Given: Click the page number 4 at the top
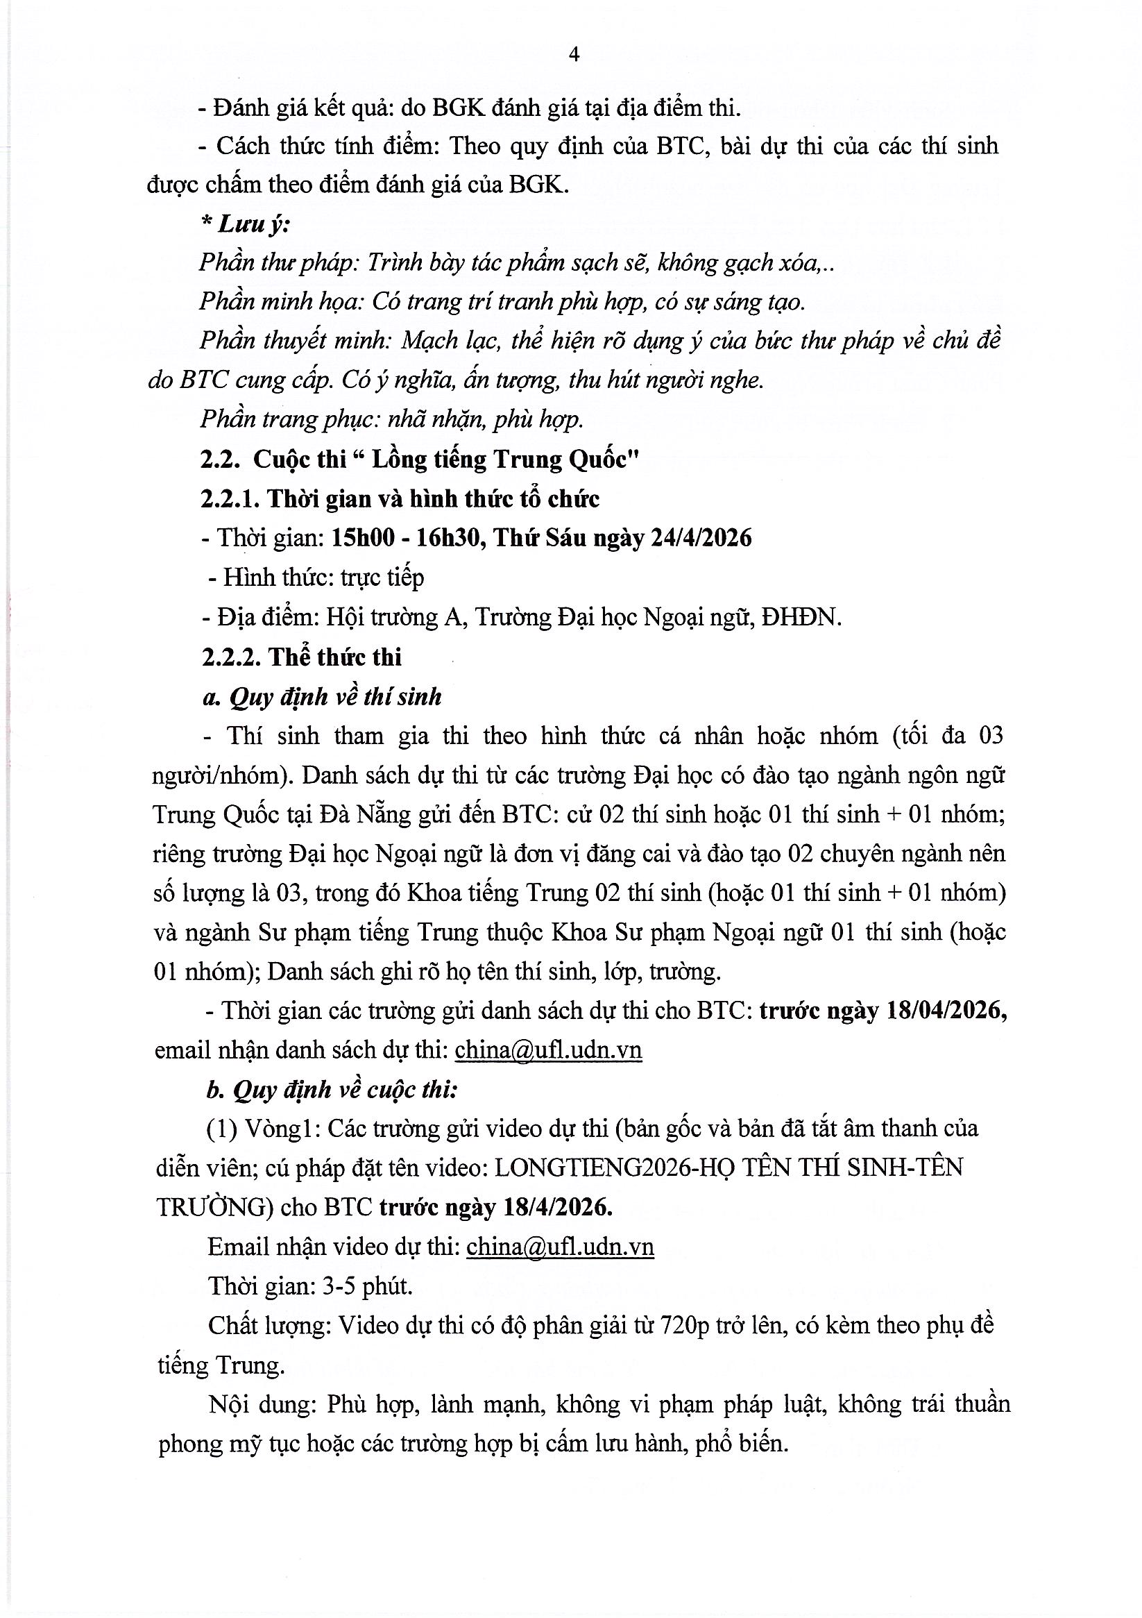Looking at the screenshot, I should coord(574,55).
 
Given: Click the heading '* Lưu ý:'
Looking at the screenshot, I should coord(245,225).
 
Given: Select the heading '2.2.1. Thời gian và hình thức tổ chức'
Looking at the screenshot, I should coord(400,499).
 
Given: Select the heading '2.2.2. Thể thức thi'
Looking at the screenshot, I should coord(301,657).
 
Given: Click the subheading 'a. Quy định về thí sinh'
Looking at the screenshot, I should coord(322,697).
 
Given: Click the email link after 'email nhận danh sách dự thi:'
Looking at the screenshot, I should coord(549,1050).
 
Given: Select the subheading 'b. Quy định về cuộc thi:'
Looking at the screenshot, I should coord(332,1090).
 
